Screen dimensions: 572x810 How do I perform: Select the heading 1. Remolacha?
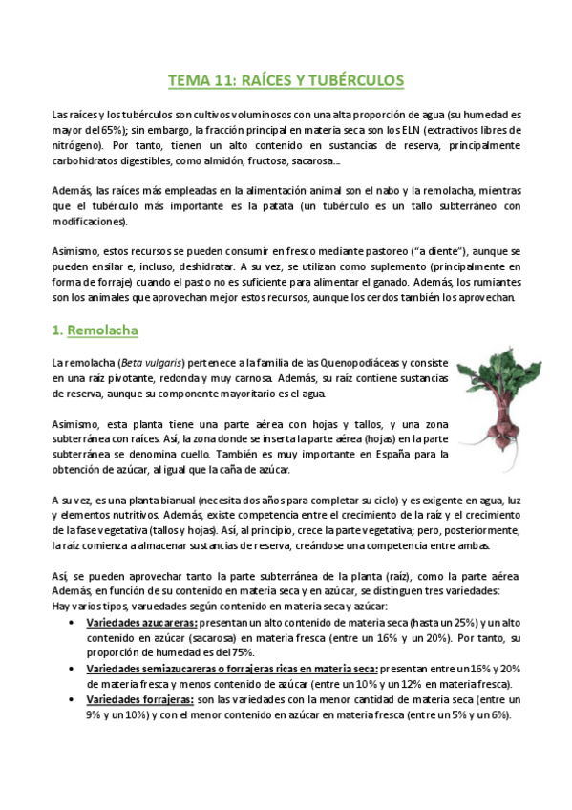click(95, 330)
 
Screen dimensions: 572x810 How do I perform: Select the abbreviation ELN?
click(413, 129)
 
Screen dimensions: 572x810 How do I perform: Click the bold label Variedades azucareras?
click(135, 622)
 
